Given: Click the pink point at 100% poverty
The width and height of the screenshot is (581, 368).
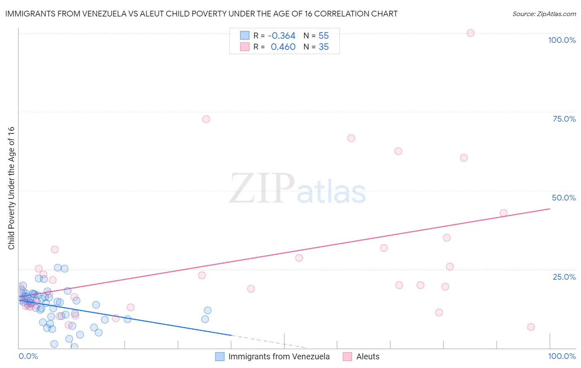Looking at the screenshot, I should tap(470, 33).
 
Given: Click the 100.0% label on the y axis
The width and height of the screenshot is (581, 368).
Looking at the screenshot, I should tap(562, 40).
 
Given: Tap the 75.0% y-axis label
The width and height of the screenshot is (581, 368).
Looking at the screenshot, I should tap(564, 119).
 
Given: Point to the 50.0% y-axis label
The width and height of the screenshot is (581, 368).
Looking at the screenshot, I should tap(564, 198).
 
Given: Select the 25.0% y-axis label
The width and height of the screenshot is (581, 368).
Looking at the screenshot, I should tap(564, 277).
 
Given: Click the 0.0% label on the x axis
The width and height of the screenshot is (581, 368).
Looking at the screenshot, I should tap(28, 356).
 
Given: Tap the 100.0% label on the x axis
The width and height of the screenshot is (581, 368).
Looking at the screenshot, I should tap(562, 356).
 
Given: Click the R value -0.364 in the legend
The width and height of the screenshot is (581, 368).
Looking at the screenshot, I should tap(281, 36).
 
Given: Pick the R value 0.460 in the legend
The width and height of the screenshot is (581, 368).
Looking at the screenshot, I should tap(283, 47).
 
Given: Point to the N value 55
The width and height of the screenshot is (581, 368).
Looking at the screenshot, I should tap(324, 36).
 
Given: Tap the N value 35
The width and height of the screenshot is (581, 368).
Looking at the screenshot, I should tap(324, 47).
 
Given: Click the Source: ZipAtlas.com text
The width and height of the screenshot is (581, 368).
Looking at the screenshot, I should tap(544, 14).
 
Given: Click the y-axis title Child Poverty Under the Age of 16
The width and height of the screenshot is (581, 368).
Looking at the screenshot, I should tap(12, 188).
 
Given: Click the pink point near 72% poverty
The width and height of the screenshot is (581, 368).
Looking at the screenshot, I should tap(206, 119).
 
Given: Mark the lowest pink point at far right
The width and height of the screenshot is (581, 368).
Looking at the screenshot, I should tap(531, 327).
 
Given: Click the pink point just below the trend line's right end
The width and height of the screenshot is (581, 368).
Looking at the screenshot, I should tap(503, 213).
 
